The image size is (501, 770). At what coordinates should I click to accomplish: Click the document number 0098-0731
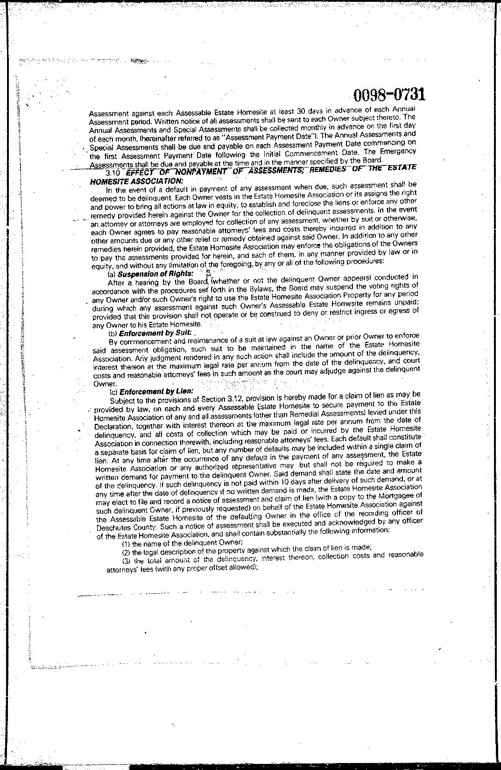pyautogui.click(x=389, y=95)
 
